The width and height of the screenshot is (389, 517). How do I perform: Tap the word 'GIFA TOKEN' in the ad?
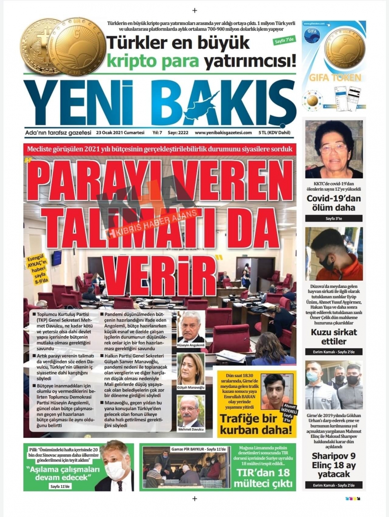click(335, 78)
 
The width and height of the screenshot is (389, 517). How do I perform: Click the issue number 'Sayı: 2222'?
click(178, 132)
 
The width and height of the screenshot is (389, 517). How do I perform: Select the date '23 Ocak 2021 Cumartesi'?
click(120, 132)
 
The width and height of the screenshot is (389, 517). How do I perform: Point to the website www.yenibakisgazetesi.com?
click(223, 132)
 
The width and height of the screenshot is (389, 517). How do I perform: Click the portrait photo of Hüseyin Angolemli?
click(191, 327)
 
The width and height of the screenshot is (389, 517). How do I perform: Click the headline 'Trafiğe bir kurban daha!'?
click(256, 424)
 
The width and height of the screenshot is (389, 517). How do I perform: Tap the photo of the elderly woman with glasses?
click(334, 149)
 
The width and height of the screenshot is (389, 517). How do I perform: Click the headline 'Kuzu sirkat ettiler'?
click(334, 337)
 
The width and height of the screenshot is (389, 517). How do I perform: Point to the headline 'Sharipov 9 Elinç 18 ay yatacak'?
click(334, 465)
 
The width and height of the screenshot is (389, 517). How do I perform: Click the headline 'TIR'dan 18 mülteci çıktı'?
click(263, 478)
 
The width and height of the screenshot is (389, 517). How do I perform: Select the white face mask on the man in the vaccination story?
click(115, 470)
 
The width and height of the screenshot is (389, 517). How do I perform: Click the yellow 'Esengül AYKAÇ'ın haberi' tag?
click(37, 269)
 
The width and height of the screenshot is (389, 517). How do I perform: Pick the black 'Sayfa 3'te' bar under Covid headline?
click(334, 218)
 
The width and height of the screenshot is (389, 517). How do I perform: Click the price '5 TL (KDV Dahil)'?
click(274, 132)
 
